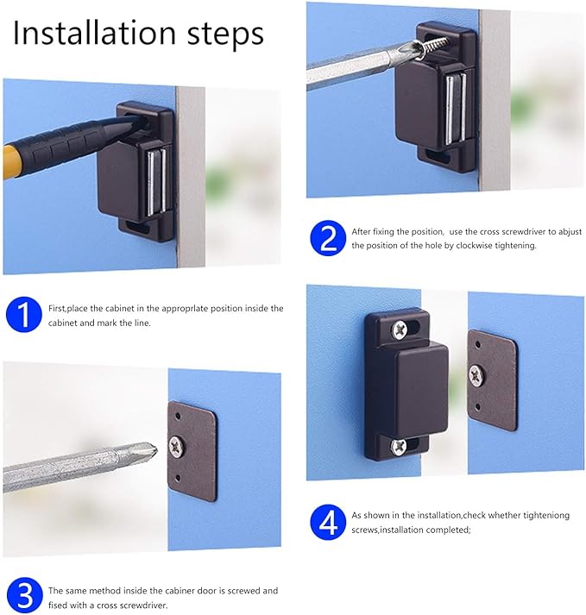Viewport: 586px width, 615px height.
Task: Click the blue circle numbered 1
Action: (x=24, y=315)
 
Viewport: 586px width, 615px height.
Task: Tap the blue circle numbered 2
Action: (x=328, y=238)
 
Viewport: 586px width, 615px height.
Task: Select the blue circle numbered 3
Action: (x=25, y=595)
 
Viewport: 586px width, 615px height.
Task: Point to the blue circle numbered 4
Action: (x=328, y=522)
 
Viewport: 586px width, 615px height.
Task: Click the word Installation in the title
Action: (x=95, y=33)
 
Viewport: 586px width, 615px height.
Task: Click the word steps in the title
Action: (x=225, y=35)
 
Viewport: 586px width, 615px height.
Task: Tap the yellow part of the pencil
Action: (x=10, y=163)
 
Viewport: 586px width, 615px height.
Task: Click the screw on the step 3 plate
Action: (x=176, y=447)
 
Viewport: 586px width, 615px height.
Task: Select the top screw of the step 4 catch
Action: (x=400, y=329)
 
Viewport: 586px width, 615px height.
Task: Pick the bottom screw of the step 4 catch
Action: (x=399, y=446)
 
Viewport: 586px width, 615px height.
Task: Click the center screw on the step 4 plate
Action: (x=476, y=375)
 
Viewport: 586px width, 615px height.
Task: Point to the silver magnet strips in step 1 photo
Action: (x=156, y=183)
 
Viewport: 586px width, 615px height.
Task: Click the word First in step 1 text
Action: (x=56, y=309)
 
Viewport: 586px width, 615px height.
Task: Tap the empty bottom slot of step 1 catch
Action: (x=138, y=227)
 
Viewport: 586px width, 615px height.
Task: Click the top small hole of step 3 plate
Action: (x=178, y=416)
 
